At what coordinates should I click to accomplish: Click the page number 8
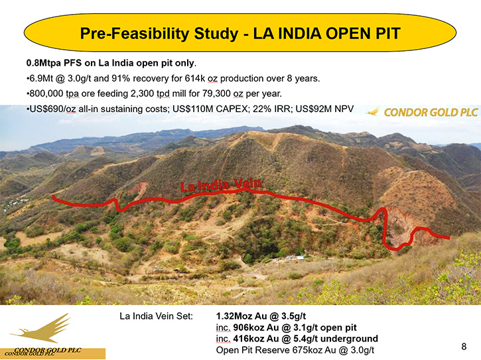tap(464, 347)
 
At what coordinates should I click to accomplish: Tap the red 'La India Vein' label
tap(220, 185)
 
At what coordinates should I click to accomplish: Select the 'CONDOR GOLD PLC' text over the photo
tap(431, 113)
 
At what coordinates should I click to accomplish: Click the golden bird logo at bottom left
tap(41, 329)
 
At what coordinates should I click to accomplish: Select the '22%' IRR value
tap(261, 109)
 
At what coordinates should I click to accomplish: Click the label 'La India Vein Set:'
tap(156, 316)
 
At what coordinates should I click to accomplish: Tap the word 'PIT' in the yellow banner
tap(388, 33)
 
